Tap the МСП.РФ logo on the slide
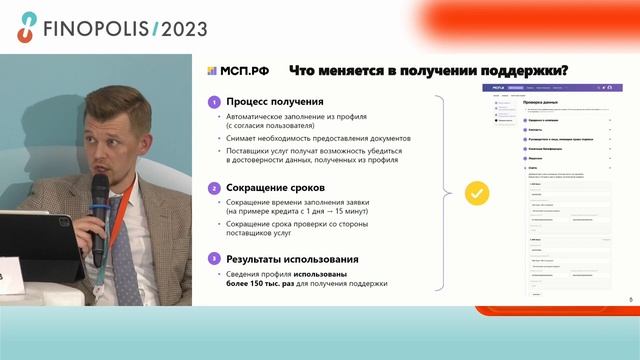239,71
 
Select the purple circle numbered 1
214,102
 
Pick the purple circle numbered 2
214,187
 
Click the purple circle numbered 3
214,258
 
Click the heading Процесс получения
274,102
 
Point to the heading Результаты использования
292,258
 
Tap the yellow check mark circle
478,191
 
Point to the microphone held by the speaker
100,200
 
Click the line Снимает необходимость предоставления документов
318,137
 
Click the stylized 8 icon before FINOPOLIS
26,29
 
